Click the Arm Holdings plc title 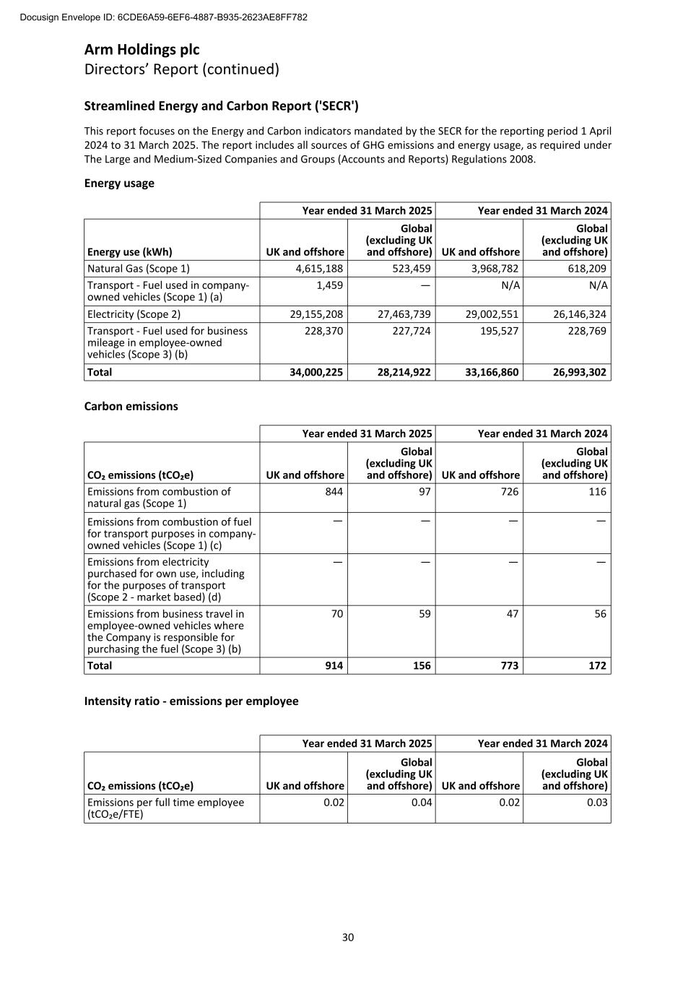(142, 50)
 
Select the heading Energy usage (119, 183)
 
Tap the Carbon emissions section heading (131, 407)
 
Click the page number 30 (348, 938)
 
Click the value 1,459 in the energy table (330, 285)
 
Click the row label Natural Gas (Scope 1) (139, 269)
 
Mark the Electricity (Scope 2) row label (134, 314)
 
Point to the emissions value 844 (334, 492)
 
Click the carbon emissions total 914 (334, 666)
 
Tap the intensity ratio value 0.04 (422, 803)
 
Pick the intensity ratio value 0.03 (597, 803)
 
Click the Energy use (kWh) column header (130, 252)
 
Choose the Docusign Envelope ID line (164, 17)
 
